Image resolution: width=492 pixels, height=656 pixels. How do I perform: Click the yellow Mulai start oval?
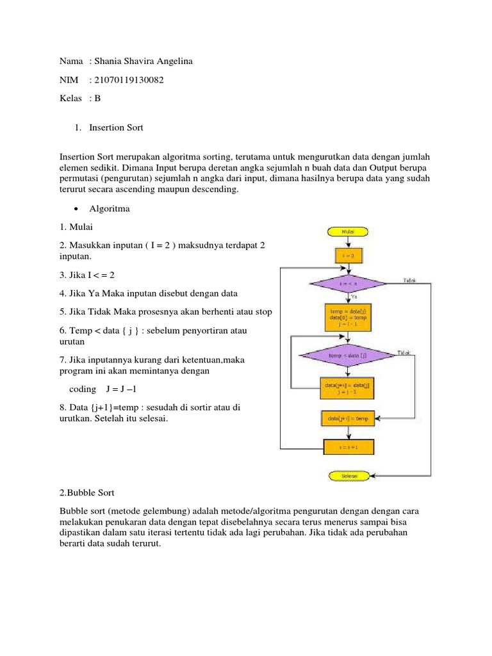point(348,231)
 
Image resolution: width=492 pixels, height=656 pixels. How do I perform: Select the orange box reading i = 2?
point(348,256)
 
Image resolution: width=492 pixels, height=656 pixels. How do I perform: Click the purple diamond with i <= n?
point(348,283)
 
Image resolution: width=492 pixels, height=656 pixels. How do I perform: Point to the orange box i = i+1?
point(348,447)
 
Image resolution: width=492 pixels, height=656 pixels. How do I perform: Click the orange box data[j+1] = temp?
point(348,418)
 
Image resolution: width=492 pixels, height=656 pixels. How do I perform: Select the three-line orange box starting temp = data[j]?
point(348,316)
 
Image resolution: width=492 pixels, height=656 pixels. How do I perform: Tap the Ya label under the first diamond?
point(354,297)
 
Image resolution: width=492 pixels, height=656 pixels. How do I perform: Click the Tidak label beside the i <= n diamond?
point(410,280)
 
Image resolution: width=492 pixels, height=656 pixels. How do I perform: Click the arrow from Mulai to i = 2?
point(348,243)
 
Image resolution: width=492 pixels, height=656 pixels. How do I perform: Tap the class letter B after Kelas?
point(97,99)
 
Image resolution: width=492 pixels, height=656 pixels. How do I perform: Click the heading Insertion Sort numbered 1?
point(116,127)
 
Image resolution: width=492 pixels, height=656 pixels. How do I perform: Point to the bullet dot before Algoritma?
point(77,209)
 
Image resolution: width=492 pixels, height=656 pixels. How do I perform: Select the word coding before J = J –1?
point(82,389)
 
